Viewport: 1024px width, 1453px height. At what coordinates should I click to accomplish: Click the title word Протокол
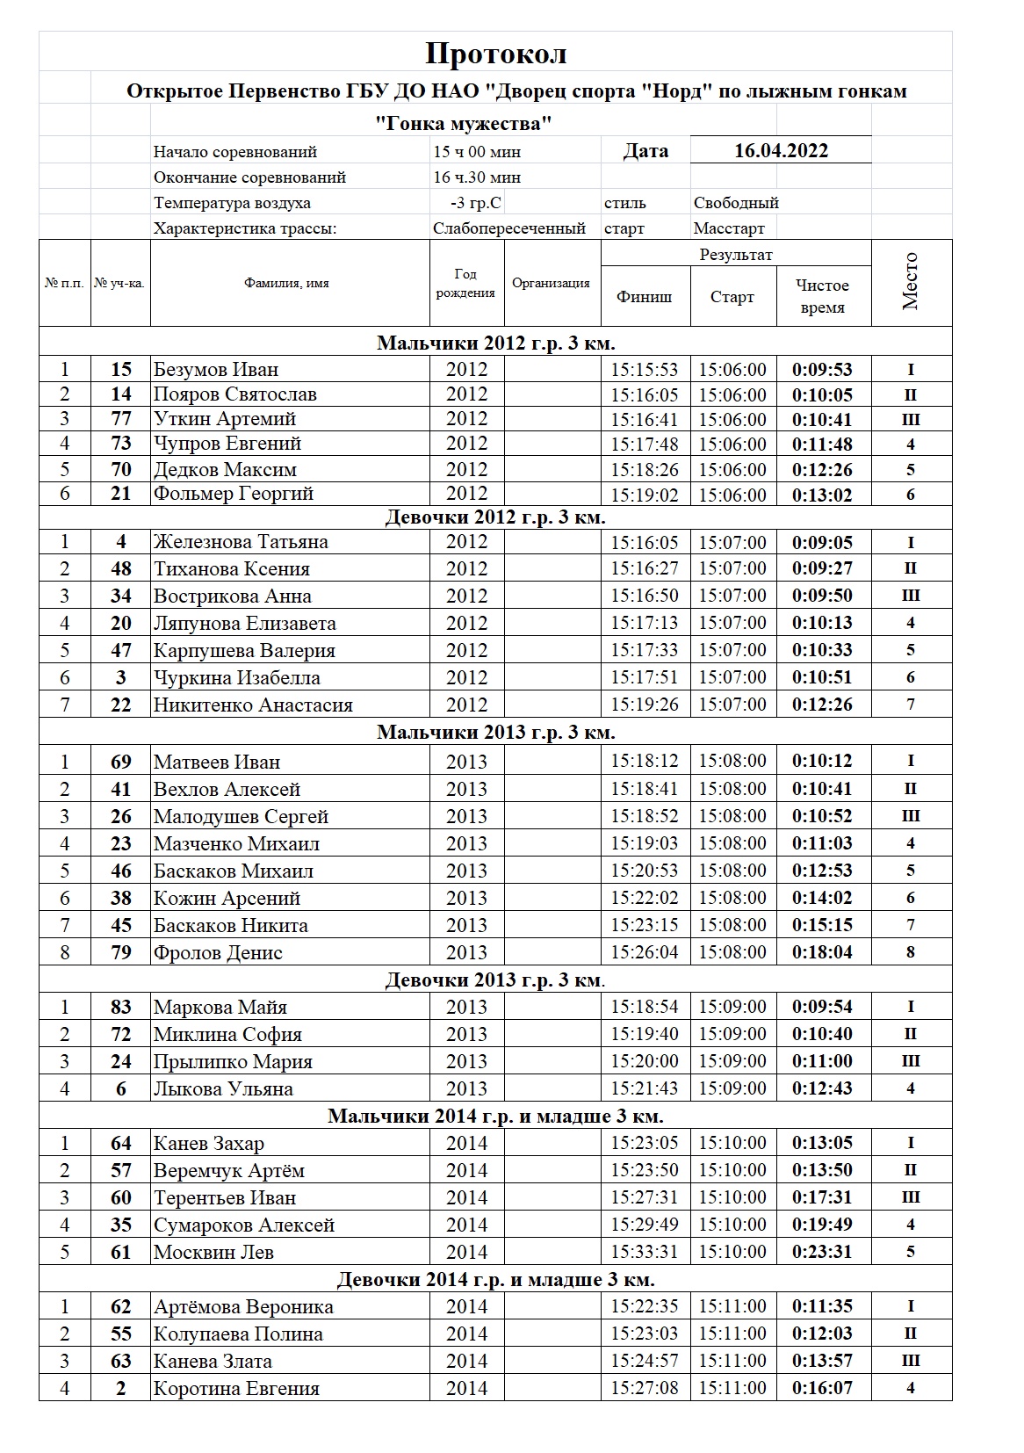point(496,54)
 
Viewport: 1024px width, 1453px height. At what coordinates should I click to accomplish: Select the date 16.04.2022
point(781,150)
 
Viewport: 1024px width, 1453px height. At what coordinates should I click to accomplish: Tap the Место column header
point(911,282)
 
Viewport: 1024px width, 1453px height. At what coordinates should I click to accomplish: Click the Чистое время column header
point(822,296)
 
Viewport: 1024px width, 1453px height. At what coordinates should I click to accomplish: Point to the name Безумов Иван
point(216,369)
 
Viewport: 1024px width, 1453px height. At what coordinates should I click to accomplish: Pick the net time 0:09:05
point(822,542)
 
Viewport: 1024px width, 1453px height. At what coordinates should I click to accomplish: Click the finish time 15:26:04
point(645,952)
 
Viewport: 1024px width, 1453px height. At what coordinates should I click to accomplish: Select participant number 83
point(121,1007)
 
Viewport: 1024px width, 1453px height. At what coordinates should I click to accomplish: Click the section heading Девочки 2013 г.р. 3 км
point(495,980)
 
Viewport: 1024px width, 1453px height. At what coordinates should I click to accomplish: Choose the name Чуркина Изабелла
point(236,677)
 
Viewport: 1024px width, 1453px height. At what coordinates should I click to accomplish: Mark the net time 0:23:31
point(822,1252)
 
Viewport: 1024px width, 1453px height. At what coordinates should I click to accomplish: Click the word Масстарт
point(729,228)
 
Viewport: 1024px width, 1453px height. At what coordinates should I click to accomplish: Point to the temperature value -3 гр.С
point(475,203)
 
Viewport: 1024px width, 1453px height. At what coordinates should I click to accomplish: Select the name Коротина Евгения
point(236,1388)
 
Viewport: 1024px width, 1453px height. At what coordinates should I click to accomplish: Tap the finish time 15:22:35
point(645,1306)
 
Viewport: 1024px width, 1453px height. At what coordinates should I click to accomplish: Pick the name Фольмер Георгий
point(233,494)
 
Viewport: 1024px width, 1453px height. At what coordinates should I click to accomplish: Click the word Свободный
point(736,203)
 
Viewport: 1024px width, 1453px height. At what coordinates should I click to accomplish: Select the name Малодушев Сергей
point(241,816)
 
